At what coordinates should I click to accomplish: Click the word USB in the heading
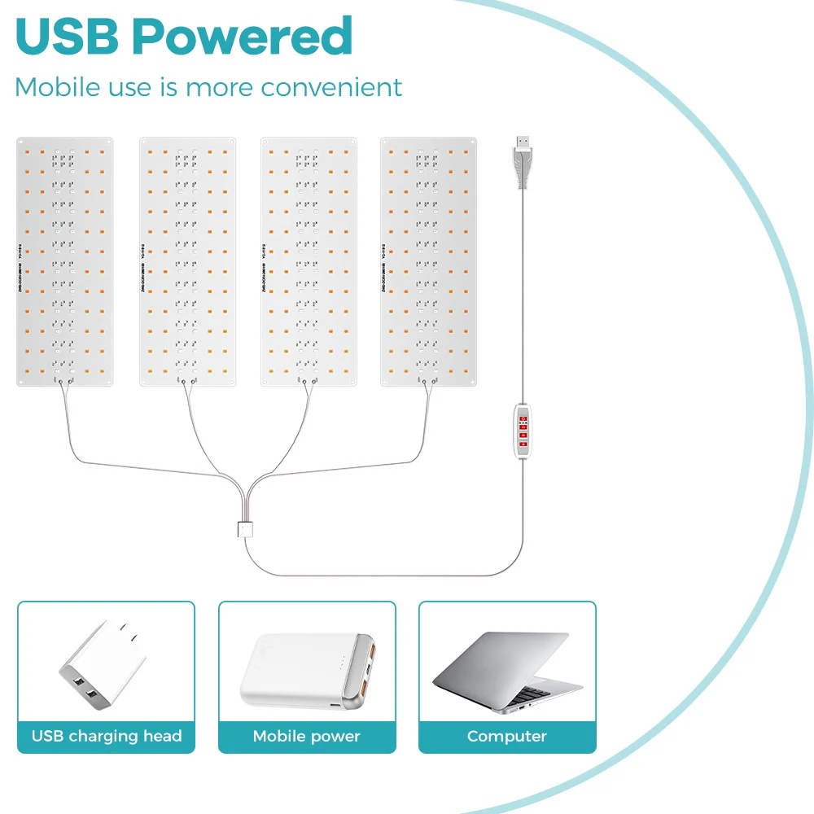(67, 36)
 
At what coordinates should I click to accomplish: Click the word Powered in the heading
(242, 37)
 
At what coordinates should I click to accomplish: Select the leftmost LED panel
(65, 261)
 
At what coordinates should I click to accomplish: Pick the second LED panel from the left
(187, 261)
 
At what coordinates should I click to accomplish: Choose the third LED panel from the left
(309, 261)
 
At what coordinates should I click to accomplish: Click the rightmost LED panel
(428, 261)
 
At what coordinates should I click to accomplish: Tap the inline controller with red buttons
(523, 429)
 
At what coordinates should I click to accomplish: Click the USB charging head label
(107, 737)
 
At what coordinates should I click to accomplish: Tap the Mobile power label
(306, 737)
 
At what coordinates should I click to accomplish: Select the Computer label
(506, 737)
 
